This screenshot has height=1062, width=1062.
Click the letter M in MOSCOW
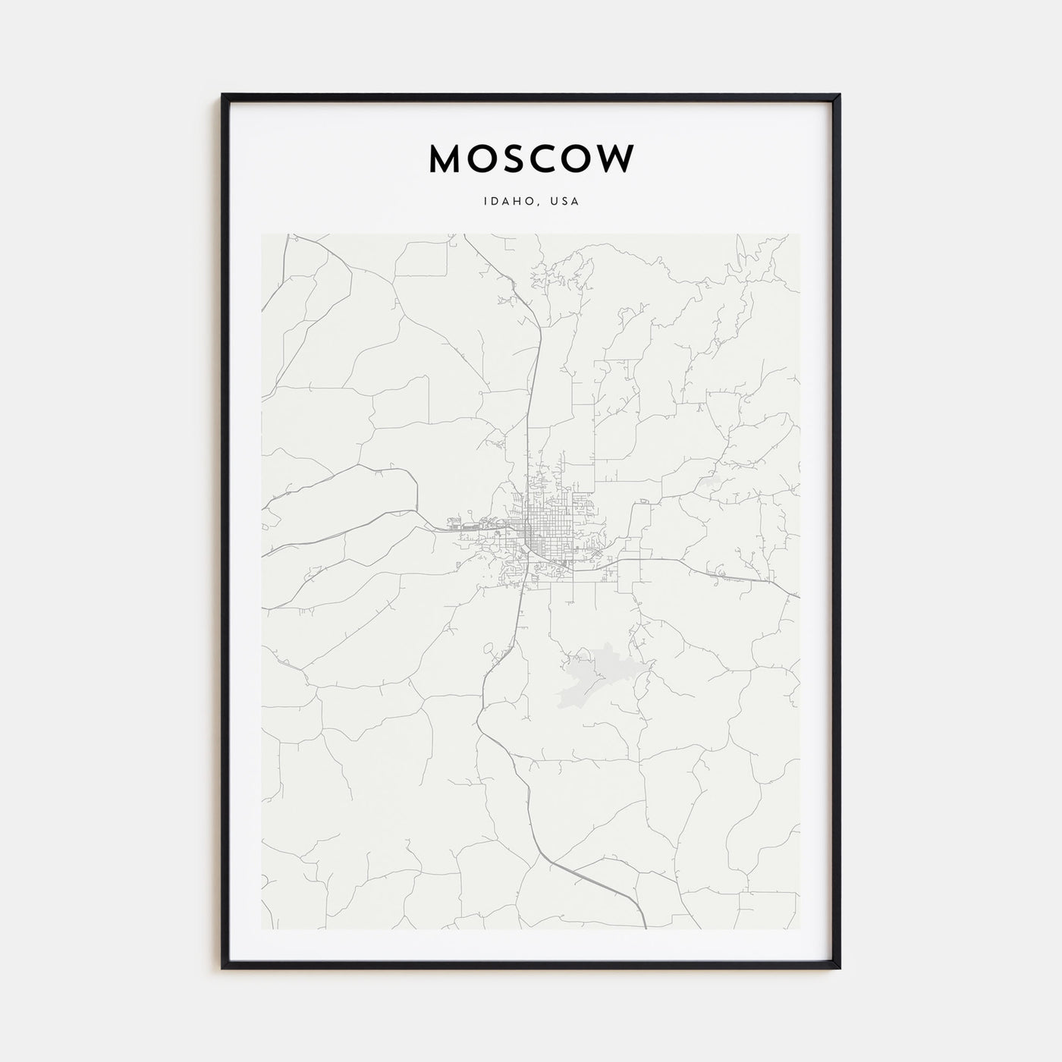[x=448, y=159]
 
